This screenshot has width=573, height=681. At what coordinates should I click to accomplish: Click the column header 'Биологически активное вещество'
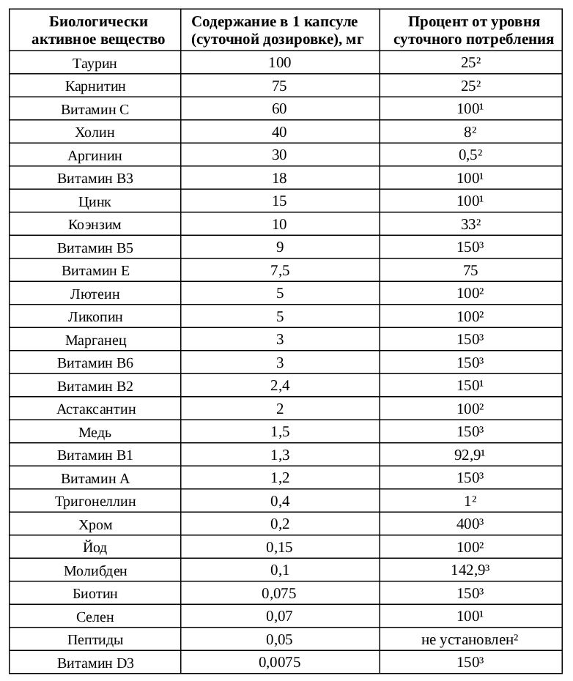coord(95,31)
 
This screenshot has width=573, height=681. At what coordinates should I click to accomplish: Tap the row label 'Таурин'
coord(95,64)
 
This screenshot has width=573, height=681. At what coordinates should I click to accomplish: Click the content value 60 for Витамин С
coord(279,109)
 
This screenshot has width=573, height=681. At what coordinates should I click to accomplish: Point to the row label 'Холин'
coord(95,133)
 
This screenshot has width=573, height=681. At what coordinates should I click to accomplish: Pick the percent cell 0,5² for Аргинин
coord(471,155)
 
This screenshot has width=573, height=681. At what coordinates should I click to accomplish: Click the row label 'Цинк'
coord(95,201)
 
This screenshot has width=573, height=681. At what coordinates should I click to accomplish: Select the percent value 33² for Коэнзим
coord(471,224)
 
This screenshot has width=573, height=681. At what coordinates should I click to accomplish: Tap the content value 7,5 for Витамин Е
coord(279,270)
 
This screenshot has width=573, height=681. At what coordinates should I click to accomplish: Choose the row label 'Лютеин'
coord(95,294)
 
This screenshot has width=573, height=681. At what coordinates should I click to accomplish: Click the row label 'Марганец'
coord(95,340)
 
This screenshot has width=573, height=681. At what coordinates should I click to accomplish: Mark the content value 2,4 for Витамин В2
coord(279,385)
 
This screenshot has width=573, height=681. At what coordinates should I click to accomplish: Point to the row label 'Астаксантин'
coord(95,409)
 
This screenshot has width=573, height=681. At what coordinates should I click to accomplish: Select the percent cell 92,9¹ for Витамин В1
coord(471,455)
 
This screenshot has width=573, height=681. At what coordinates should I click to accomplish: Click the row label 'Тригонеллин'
coord(95,501)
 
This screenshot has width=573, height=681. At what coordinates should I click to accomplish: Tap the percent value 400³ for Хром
coord(471,524)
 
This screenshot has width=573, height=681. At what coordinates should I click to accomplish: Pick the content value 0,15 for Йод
coord(279,546)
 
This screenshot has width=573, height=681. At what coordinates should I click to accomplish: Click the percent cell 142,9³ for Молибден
coord(471,570)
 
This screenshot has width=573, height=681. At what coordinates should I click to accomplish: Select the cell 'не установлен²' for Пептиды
coord(471,639)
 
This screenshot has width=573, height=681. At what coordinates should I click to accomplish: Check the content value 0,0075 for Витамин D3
coord(279,662)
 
